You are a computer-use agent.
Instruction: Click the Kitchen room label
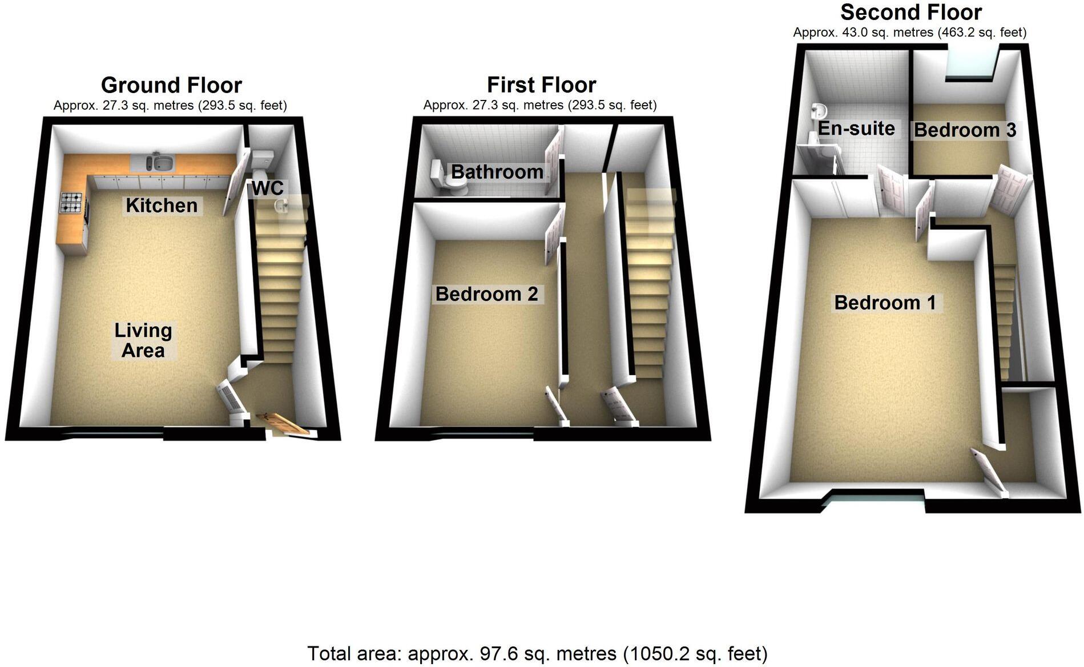coord(162,205)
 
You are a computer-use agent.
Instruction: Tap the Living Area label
coord(143,340)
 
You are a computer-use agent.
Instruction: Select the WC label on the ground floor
coord(268,188)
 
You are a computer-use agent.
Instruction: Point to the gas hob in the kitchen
coord(71,203)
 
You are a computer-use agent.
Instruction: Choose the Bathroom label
coord(497,171)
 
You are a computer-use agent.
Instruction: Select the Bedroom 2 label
coord(486,294)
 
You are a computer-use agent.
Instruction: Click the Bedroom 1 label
coord(885,302)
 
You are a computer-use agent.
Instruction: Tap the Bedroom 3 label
coord(965,130)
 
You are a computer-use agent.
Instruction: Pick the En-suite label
coord(856,128)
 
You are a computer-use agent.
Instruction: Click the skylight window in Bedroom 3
coord(972,64)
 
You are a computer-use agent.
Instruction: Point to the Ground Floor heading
coord(171,85)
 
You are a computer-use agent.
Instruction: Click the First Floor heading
coord(541,85)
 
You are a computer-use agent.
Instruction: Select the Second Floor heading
coord(911,12)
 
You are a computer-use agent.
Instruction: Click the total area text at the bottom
coord(537,653)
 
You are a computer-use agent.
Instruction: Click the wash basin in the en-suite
coord(818,110)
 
